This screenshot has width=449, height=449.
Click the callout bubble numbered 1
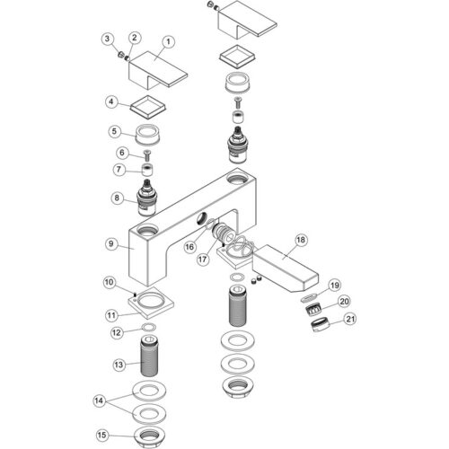pyautogui.click(x=168, y=42)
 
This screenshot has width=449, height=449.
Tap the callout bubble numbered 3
pyautogui.click(x=108, y=39)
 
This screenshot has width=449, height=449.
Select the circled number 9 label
pyautogui.click(x=111, y=243)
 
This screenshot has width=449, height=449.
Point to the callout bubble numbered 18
pyautogui.click(x=301, y=240)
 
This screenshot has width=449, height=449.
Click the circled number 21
pyautogui.click(x=350, y=319)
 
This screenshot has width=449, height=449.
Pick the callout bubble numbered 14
pyautogui.click(x=99, y=401)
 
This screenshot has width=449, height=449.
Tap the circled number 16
pyautogui.click(x=189, y=247)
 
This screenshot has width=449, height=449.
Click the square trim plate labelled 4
pyautogui.click(x=148, y=107)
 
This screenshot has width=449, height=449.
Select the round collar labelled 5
pyautogui.click(x=149, y=135)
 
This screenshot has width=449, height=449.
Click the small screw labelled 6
pyautogui.click(x=147, y=155)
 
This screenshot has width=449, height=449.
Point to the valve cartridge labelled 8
pyautogui.click(x=146, y=198)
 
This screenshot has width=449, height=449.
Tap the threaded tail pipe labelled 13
pyautogui.click(x=149, y=357)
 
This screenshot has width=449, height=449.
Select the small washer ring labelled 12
pyautogui.click(x=149, y=328)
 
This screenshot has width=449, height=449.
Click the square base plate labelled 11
pyautogui.click(x=151, y=303)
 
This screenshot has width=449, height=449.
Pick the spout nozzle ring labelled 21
pyautogui.click(x=321, y=326)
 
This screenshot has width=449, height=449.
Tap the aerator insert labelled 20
pyautogui.click(x=313, y=308)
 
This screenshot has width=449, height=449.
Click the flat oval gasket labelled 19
pyautogui.click(x=308, y=297)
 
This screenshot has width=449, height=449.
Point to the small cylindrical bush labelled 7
pyautogui.click(x=147, y=171)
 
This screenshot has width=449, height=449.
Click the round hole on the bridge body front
pyautogui.click(x=201, y=218)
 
